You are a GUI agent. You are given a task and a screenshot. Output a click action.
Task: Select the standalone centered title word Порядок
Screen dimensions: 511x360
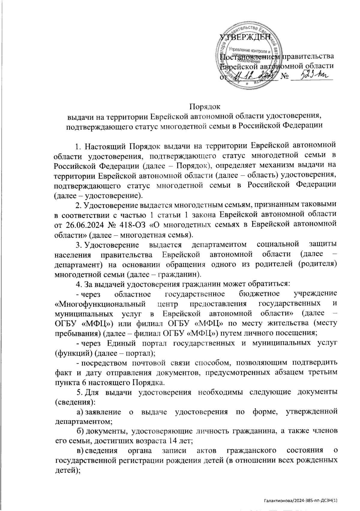point(205,106)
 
